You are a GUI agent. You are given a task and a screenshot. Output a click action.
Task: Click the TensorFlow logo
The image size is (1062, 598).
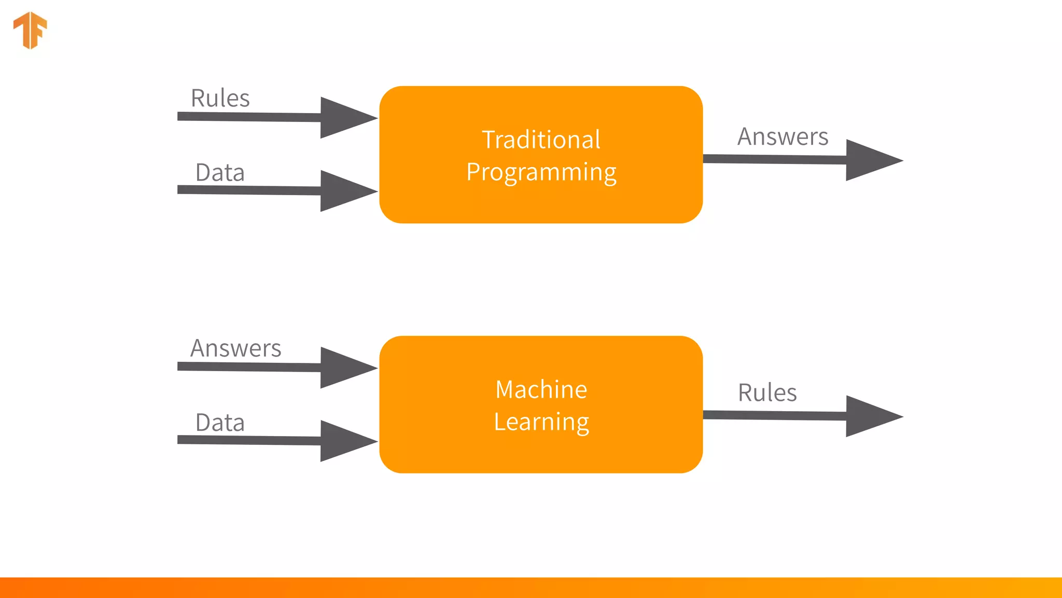point(30,30)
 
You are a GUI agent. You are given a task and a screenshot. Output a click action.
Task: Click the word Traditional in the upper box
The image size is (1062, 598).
point(541,140)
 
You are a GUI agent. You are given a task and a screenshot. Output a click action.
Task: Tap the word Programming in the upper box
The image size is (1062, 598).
point(541,172)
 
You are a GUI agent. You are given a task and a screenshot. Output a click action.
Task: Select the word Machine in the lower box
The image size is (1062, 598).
point(541,389)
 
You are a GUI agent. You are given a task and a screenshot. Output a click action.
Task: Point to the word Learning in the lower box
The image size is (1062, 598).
point(541,422)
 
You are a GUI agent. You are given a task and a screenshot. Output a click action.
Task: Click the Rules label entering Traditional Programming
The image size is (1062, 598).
point(220,98)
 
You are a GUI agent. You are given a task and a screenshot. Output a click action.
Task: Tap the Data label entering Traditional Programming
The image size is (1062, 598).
point(220,172)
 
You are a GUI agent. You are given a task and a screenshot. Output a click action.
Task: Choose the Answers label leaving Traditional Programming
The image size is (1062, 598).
point(782,137)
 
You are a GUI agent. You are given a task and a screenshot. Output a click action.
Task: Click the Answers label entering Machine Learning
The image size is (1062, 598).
point(235,348)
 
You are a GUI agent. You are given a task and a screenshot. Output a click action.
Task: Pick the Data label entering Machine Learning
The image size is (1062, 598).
point(220,423)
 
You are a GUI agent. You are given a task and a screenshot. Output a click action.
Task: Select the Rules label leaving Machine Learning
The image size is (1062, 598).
point(767,392)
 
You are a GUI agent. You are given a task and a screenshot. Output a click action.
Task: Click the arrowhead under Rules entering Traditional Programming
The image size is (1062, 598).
point(343,118)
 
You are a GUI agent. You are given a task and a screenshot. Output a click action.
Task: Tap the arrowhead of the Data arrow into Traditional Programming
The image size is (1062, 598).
point(343,191)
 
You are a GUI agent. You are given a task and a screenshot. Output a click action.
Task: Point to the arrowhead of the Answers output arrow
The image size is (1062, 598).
point(869,160)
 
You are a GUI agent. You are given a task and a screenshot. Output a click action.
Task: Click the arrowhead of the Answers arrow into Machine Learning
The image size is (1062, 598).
point(343,368)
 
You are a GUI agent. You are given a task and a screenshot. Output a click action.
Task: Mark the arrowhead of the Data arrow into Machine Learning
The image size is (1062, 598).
point(343,441)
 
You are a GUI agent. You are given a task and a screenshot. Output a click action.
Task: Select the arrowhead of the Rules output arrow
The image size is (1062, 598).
point(869,416)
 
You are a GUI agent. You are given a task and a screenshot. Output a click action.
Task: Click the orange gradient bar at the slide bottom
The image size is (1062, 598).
point(531,588)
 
